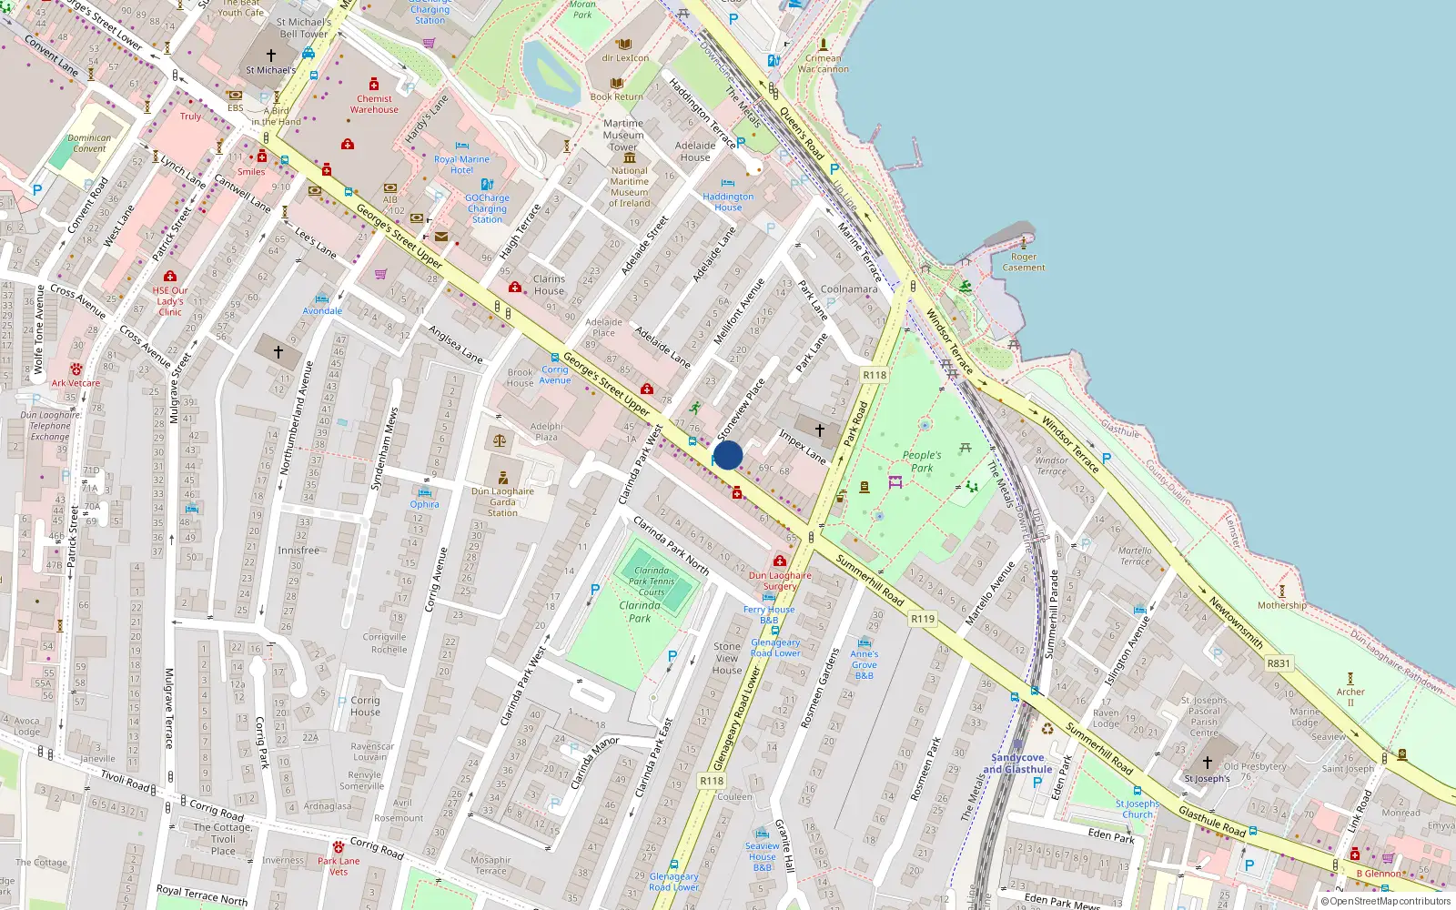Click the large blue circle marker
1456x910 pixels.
[727, 455]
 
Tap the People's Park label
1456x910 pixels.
[922, 461]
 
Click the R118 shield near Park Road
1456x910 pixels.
[874, 375]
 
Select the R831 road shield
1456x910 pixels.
[1279, 663]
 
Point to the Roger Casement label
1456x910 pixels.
[1024, 262]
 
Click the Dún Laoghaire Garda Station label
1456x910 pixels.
[502, 501]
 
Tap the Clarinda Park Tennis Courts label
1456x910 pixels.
[652, 581]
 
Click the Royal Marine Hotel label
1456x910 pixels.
[461, 165]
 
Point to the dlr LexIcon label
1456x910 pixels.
[625, 58]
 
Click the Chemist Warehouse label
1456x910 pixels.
[374, 104]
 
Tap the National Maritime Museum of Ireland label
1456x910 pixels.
[630, 187]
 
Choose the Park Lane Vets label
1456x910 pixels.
[339, 865]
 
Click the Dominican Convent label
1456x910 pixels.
[89, 143]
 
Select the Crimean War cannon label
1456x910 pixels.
[823, 63]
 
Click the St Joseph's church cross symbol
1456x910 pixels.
[1207, 763]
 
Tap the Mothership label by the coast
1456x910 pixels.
[1281, 605]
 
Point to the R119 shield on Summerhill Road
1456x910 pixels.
[923, 619]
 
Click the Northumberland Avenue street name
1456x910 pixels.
[296, 418]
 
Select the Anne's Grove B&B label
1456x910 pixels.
[864, 664]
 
